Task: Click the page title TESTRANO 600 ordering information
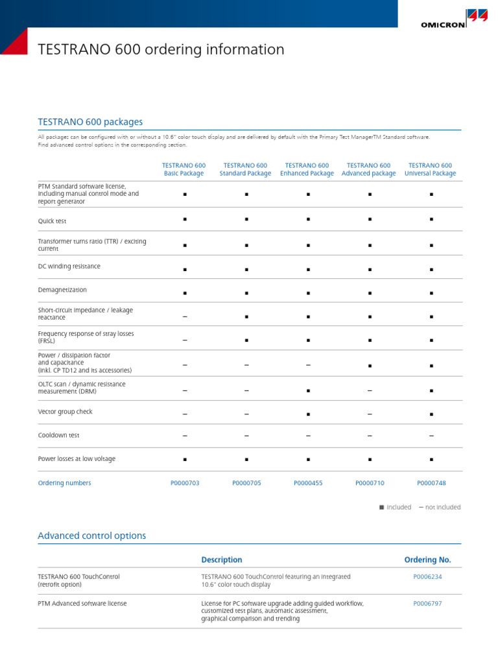point(161,50)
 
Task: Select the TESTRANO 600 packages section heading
point(90,122)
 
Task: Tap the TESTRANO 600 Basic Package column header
point(184,169)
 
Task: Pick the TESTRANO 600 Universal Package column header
point(431,169)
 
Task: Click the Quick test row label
point(53,221)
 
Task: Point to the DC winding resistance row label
point(69,267)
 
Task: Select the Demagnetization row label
point(62,290)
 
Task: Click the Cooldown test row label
point(59,435)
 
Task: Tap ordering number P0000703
point(185,483)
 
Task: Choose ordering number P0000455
point(308,483)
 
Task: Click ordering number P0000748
point(431,483)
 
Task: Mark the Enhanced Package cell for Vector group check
point(308,414)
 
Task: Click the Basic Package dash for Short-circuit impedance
point(185,316)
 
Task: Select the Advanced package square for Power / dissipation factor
point(370,366)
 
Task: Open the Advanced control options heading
point(92,536)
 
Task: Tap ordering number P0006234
point(427,576)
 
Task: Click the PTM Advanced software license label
point(82,603)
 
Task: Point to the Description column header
point(222,560)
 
